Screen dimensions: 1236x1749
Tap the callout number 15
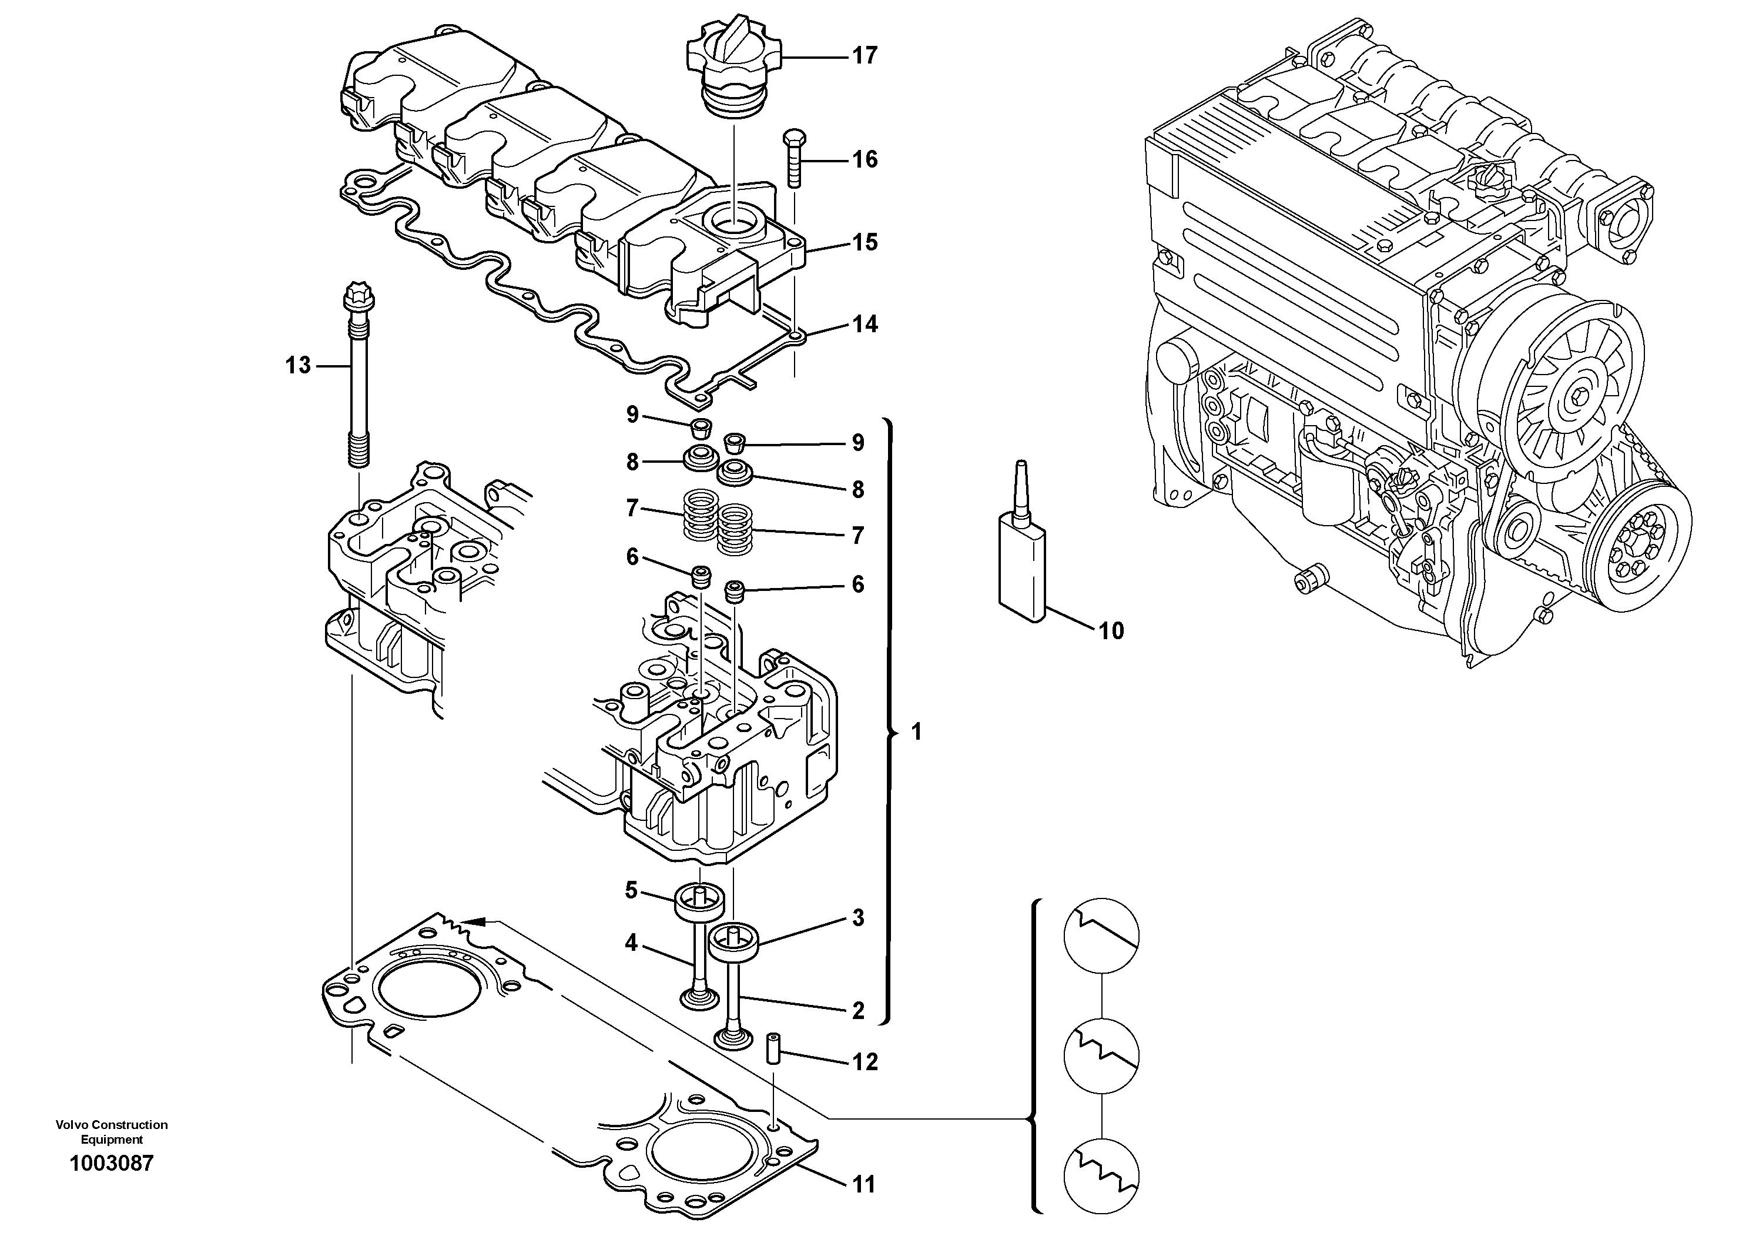pyautogui.click(x=865, y=243)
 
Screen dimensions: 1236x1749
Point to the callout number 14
pyautogui.click(x=865, y=325)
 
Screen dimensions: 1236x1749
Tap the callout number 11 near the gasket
pyautogui.click(x=864, y=1185)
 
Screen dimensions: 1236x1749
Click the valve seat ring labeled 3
pyautogui.click(x=735, y=944)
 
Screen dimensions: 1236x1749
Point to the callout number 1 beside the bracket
pyautogui.click(x=916, y=732)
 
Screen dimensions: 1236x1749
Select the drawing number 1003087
pyautogui.click(x=111, y=1164)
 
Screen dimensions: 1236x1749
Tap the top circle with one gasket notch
pyautogui.click(x=1101, y=935)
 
